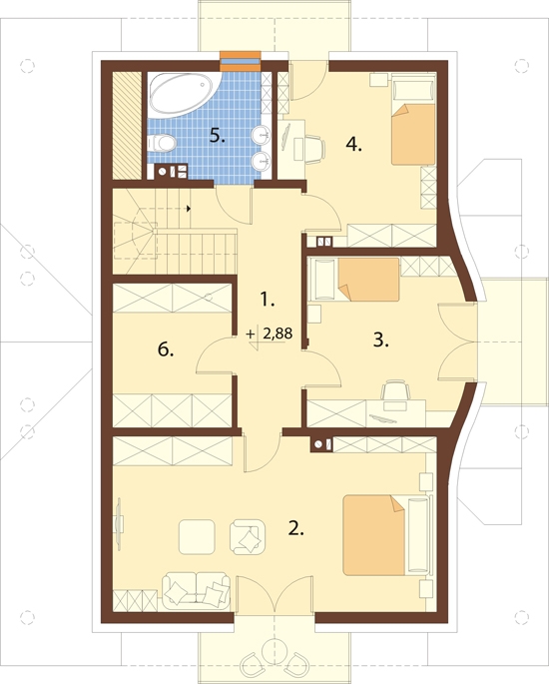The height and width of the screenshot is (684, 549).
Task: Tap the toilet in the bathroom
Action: click(x=162, y=142)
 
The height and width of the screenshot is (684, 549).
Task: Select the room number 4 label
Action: click(x=353, y=144)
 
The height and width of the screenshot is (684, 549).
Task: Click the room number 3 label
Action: click(x=380, y=340)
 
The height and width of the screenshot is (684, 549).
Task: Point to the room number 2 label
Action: click(x=295, y=528)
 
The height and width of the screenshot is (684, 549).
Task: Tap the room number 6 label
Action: click(x=166, y=348)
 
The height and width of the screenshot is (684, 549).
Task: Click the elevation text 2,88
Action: click(x=277, y=334)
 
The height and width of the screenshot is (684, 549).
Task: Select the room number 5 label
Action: click(x=218, y=136)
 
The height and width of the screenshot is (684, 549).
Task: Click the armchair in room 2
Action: click(x=248, y=536)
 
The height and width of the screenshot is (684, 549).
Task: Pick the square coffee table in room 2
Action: click(x=197, y=536)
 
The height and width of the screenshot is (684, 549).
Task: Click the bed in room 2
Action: click(x=386, y=534)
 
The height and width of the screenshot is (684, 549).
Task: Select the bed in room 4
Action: click(x=413, y=120)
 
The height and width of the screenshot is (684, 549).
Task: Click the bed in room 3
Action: click(x=354, y=280)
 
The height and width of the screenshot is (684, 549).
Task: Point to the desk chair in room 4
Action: click(x=314, y=149)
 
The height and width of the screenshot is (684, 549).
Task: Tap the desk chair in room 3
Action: click(x=396, y=390)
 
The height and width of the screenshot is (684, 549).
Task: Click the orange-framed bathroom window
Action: click(x=241, y=61)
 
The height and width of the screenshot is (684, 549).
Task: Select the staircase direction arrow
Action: click(x=189, y=209)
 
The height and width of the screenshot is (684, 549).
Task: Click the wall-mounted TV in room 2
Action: click(x=119, y=521)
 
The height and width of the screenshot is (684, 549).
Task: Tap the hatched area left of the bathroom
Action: click(x=127, y=125)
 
